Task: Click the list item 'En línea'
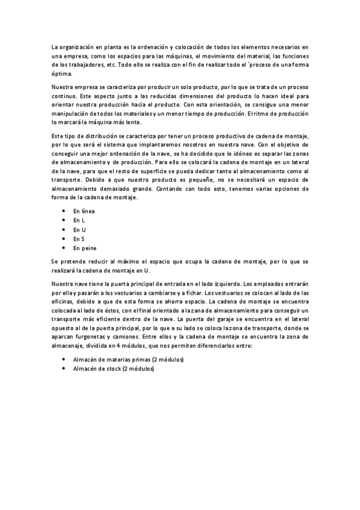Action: (84, 211)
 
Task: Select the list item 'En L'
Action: (79, 220)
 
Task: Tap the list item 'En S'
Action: (79, 239)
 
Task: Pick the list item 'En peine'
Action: (85, 248)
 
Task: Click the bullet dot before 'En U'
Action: (64, 230)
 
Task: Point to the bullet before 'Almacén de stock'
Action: (64, 368)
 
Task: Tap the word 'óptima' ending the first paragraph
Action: (61, 74)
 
